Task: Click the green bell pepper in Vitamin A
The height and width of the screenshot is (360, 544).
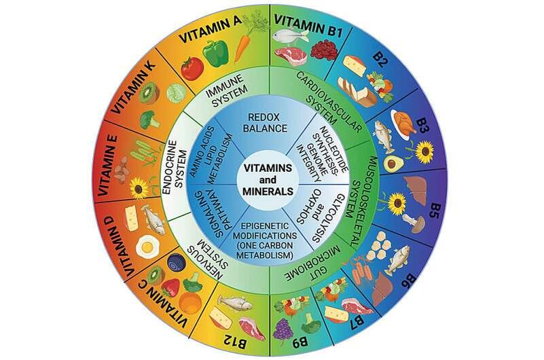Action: coord(216,52)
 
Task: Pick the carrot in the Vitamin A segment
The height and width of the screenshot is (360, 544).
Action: coord(242,48)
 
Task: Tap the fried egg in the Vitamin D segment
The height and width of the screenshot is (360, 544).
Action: coord(147,245)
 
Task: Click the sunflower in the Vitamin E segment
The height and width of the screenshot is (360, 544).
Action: coord(140,187)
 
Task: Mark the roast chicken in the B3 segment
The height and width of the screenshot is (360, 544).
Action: coord(405,124)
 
